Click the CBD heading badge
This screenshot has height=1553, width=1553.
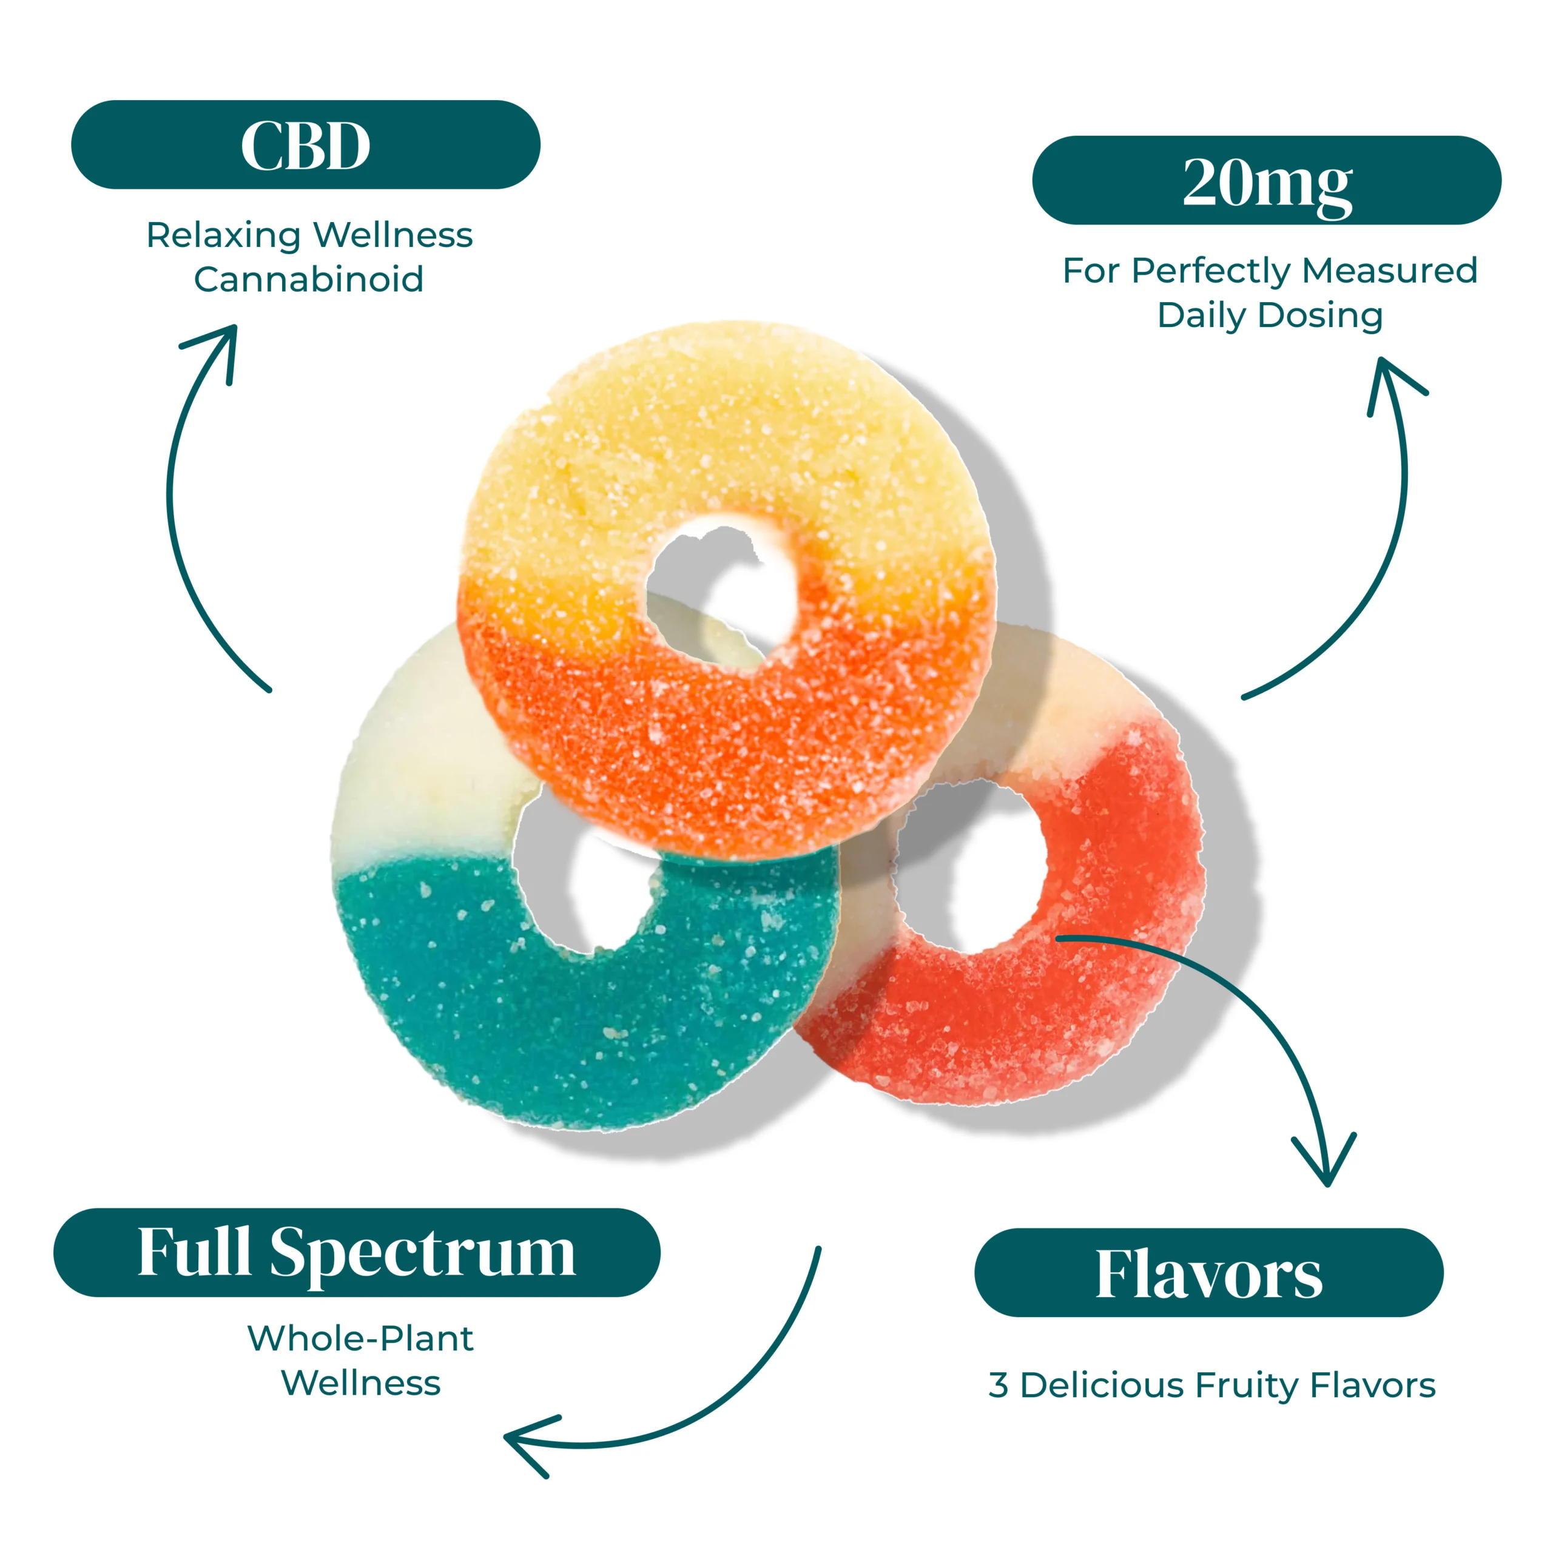pos(306,145)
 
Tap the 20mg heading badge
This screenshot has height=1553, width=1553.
pos(1266,181)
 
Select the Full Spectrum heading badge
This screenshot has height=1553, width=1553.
pos(356,1251)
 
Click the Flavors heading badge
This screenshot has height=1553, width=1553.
pos(1208,1273)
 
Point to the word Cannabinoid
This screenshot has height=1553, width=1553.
pos(309,280)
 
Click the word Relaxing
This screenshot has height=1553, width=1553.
pos(223,235)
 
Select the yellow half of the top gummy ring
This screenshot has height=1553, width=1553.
pos(724,434)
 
